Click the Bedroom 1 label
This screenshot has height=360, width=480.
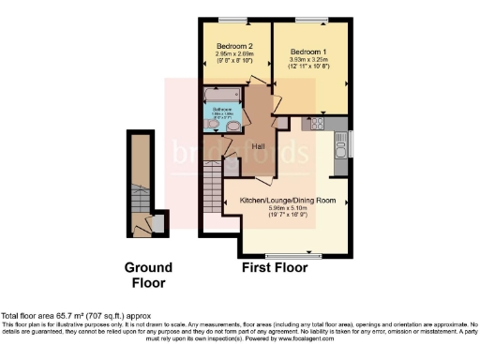[x=308, y=52]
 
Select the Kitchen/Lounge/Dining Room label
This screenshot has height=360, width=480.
[x=288, y=202]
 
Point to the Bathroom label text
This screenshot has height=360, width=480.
[x=221, y=111]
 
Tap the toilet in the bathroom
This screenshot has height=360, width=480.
[x=234, y=125]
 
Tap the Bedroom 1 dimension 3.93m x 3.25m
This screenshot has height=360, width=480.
[x=308, y=60]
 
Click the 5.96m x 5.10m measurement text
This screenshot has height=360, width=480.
[x=288, y=210]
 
